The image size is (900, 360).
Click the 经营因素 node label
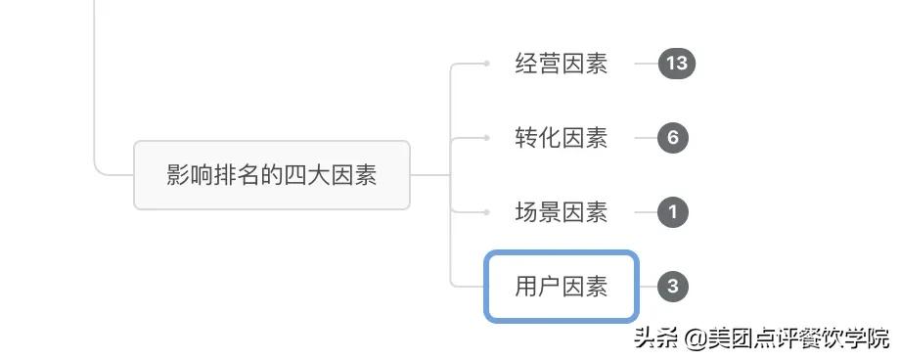coord(562,65)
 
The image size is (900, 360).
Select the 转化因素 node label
coord(562,138)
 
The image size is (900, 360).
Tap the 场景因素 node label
coord(562,212)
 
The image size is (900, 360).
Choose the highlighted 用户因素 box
coord(562,287)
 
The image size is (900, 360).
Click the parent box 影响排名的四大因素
coord(272,175)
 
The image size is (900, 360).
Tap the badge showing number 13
coord(676,65)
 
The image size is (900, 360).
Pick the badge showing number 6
coord(673,138)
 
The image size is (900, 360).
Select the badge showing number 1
coord(673,212)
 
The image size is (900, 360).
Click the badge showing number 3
coord(673,287)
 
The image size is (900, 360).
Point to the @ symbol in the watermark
coord(696,338)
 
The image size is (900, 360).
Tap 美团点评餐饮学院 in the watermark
coord(799,338)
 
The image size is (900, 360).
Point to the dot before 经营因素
coord(486,65)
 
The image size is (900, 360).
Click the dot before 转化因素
coord(486,138)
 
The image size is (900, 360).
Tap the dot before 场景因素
coord(486,212)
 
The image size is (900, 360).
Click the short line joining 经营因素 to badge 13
coord(645,65)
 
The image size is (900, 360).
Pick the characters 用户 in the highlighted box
coord(538,287)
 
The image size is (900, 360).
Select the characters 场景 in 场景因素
coord(538,212)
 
